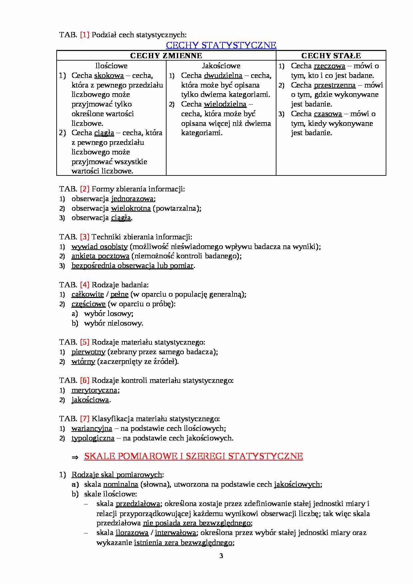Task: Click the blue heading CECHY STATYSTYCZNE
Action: coord(221,45)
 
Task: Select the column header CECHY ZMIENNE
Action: coord(166,56)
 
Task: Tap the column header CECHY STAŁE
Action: coord(331,56)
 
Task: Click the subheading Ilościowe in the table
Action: coord(111,66)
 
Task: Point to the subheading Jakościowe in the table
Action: coord(221,66)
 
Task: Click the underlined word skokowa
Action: coord(109,76)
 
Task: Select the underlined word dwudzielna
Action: coord(223,76)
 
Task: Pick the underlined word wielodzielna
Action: coord(225,104)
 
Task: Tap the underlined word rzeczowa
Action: coord(329,66)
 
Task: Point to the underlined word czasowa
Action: coord(328,114)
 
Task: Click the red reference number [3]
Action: coord(85,237)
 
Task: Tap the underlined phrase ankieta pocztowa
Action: coord(100,256)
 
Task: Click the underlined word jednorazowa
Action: coord(133,199)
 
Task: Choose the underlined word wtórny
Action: coord(83,362)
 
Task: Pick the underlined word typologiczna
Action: coord(93,438)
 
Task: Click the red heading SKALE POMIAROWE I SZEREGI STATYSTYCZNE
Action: coord(194,456)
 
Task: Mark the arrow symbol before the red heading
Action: coord(75,457)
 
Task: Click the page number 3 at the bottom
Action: coord(221,556)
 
